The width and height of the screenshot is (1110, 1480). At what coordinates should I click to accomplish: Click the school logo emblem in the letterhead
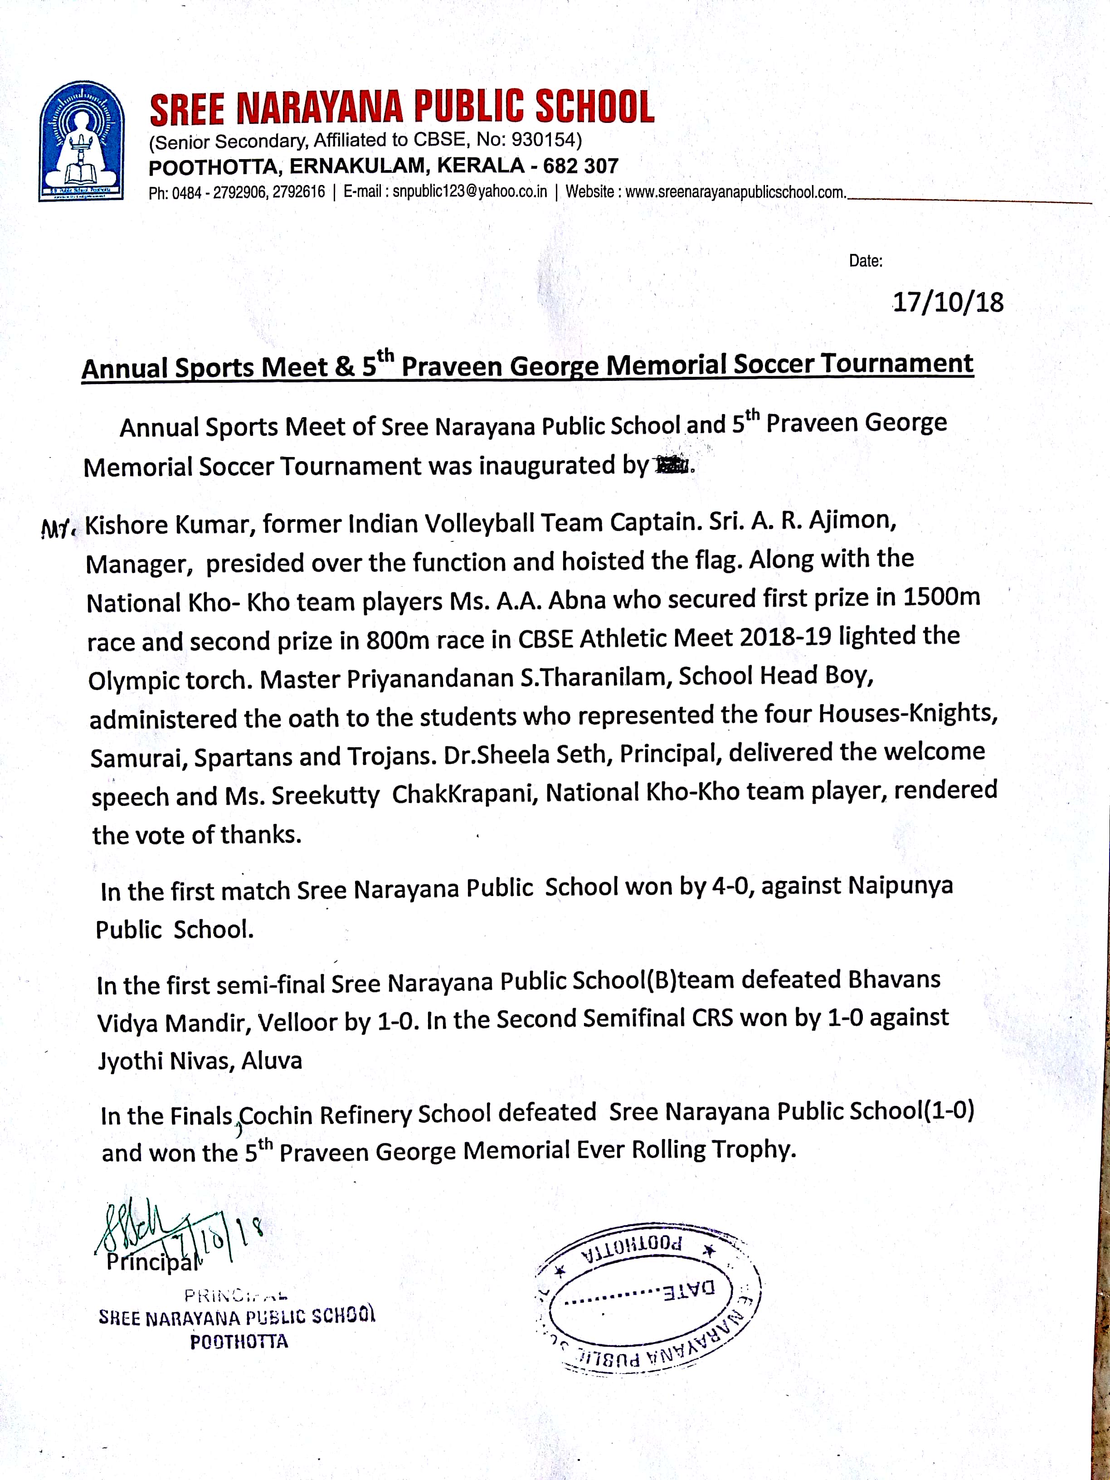pyautogui.click(x=82, y=141)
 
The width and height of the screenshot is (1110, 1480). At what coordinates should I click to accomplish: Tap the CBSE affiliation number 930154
pyautogui.click(x=543, y=140)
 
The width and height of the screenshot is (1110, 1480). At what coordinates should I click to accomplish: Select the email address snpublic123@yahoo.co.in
pyautogui.click(x=470, y=192)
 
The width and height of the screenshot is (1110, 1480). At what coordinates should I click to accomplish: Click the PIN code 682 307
pyautogui.click(x=581, y=166)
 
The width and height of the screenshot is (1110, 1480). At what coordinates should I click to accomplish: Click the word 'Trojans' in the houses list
pyautogui.click(x=390, y=756)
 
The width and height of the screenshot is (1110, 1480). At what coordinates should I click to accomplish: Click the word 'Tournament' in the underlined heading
pyautogui.click(x=896, y=363)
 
